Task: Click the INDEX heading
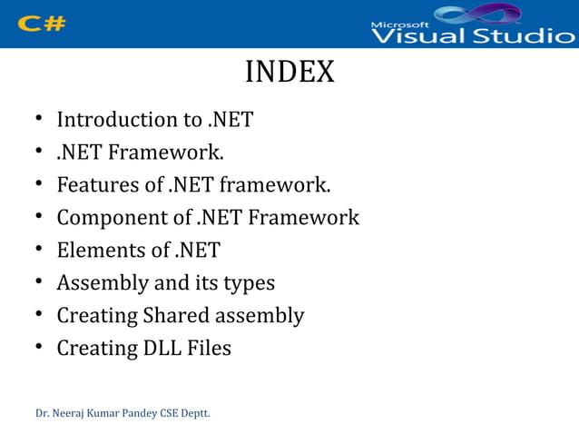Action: pyautogui.click(x=289, y=73)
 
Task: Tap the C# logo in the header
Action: pyautogui.click(x=42, y=24)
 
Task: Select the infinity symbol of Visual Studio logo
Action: pyautogui.click(x=478, y=14)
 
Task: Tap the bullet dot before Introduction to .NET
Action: pyautogui.click(x=41, y=121)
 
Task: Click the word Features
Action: pyautogui.click(x=97, y=185)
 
